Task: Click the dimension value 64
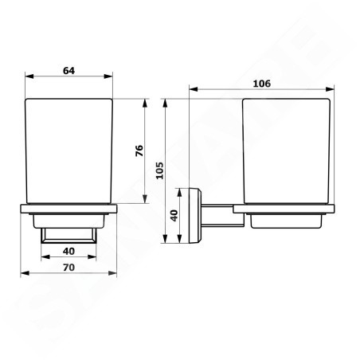[68, 71]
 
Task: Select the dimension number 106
[262, 84]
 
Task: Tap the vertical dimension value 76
[139, 151]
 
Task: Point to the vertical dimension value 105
[159, 170]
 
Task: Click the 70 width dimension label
[68, 268]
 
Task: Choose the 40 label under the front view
[68, 251]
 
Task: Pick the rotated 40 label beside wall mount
[174, 215]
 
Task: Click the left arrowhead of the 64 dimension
[29, 76]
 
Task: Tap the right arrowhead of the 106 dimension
[330, 89]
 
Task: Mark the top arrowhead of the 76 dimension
[145, 104]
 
